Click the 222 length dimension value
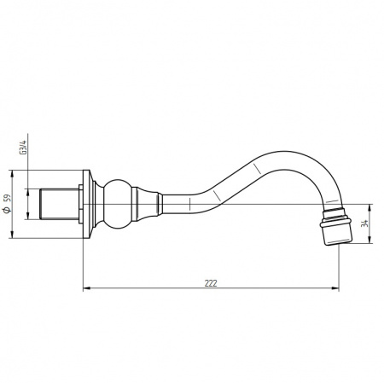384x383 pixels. [x=211, y=283]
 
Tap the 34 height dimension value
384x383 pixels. [x=364, y=223]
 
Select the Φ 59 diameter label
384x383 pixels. [x=7, y=204]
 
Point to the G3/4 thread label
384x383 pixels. [x=22, y=148]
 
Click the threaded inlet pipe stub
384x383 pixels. [x=59, y=204]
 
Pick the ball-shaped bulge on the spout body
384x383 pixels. [x=118, y=204]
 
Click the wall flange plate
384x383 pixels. [x=87, y=204]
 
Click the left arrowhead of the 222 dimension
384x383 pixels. [x=86, y=288]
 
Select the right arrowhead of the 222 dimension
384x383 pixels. [x=335, y=288]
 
